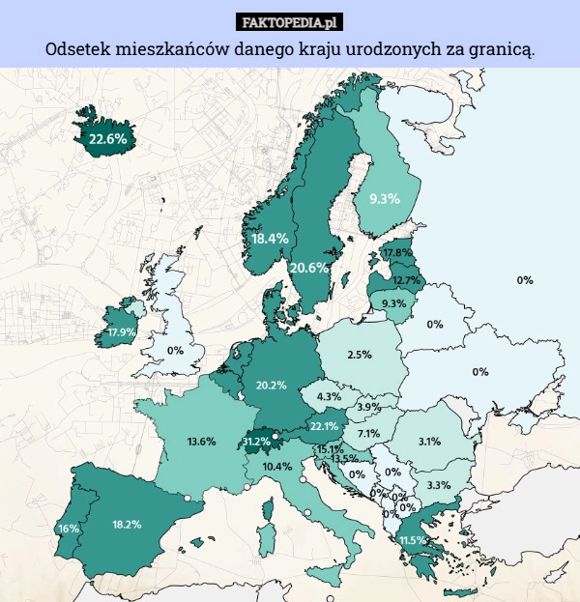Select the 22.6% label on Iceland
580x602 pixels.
click(107, 139)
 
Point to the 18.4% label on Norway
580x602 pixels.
click(270, 238)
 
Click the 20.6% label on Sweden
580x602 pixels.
click(308, 267)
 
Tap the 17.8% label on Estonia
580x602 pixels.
click(397, 252)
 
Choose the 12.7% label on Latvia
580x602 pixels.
click(406, 280)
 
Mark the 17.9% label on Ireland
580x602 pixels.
click(122, 331)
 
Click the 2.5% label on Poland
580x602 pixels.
click(360, 355)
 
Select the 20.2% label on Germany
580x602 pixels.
click(271, 386)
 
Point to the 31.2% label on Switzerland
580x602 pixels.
click(256, 442)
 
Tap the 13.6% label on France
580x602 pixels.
click(201, 442)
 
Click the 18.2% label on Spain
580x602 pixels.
click(127, 525)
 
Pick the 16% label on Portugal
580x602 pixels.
click(68, 529)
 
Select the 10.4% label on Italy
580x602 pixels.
click(277, 466)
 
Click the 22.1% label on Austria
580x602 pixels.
click(323, 426)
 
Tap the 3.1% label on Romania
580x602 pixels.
click(429, 442)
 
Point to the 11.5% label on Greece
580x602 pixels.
click(413, 539)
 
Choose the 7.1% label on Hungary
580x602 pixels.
click(367, 434)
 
